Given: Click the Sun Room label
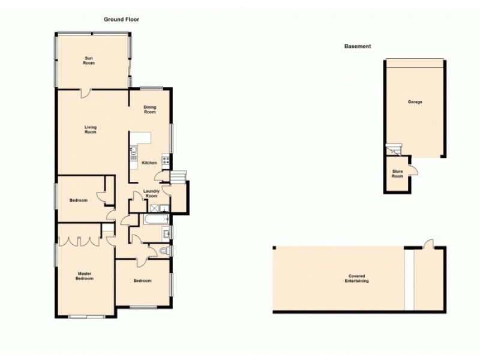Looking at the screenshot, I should pos(89,60).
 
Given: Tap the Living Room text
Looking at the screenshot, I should pos(90,129).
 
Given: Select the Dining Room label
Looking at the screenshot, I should pos(149,110).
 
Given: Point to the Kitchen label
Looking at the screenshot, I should pos(149,163).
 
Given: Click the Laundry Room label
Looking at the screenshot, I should pos(151,193).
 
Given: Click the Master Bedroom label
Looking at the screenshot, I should pos(85,277).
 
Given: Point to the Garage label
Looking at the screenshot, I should pos(415,102).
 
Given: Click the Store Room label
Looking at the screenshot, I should pos(397,174).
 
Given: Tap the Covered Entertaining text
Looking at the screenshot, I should pos(358,278).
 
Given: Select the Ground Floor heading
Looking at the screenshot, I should pos(122,19).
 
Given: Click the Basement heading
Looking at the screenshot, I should pos(358,46).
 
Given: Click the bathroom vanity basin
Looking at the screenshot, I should pos(167,233).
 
